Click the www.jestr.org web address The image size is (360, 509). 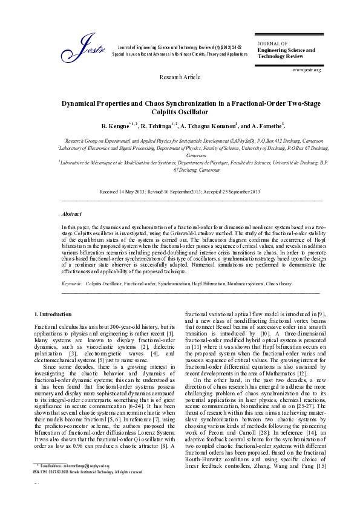[x=306, y=70]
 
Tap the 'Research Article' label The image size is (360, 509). [x=179, y=78]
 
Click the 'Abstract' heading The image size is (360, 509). [x=72, y=214]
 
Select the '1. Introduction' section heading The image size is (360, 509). [x=53, y=314]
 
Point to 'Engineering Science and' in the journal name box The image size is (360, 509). [x=286, y=50]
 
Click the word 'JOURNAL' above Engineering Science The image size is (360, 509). [x=272, y=44]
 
